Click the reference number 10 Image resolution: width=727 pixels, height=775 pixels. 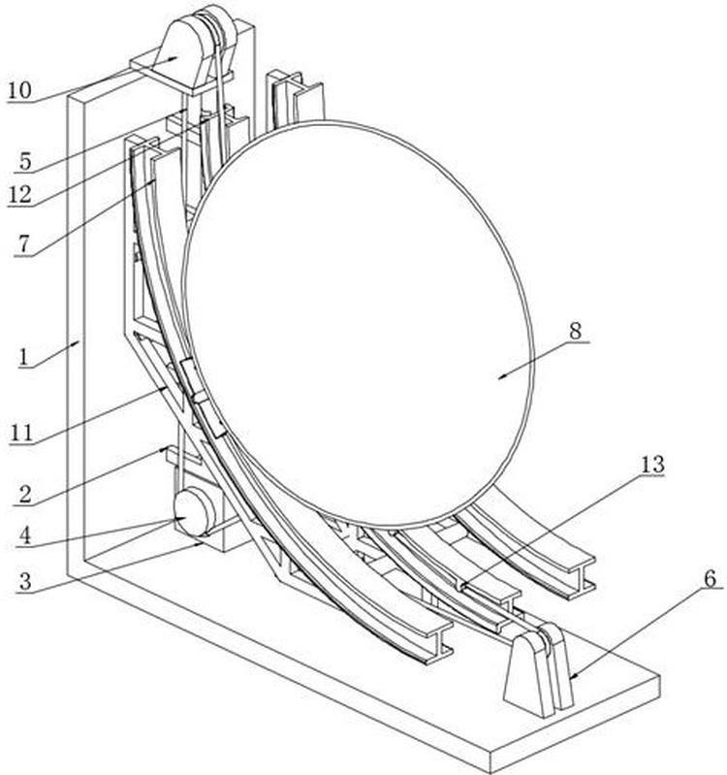coord(19,91)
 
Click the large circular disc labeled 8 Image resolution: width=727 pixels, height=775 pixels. coord(359,320)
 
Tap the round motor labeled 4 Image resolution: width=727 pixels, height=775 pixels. coord(194,511)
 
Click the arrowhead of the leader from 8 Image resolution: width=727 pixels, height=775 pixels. coord(500,377)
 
